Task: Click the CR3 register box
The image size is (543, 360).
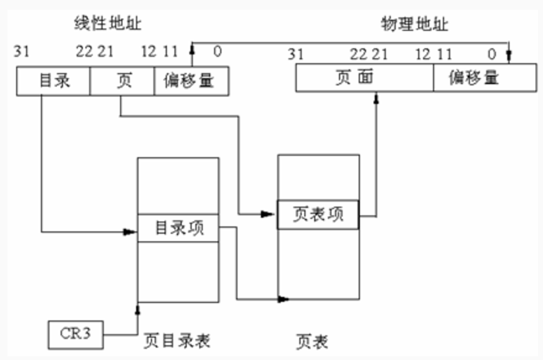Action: [x=75, y=334]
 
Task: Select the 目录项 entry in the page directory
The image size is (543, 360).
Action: [x=178, y=228]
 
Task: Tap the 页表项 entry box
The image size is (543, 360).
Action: [x=318, y=215]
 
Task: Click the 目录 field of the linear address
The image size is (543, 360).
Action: [x=54, y=82]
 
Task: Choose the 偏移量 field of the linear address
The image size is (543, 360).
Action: [x=191, y=82]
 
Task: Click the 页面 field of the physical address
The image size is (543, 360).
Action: [x=364, y=78]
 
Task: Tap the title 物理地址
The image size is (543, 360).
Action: [x=414, y=25]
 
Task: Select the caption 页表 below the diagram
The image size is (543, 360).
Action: [x=312, y=340]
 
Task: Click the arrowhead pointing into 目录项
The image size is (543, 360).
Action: [x=131, y=232]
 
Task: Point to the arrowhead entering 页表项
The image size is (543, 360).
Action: [x=270, y=214]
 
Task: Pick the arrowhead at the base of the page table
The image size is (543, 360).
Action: [x=284, y=299]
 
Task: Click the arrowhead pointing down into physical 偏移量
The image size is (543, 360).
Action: [x=509, y=58]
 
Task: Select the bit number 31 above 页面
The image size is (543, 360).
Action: [x=296, y=54]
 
